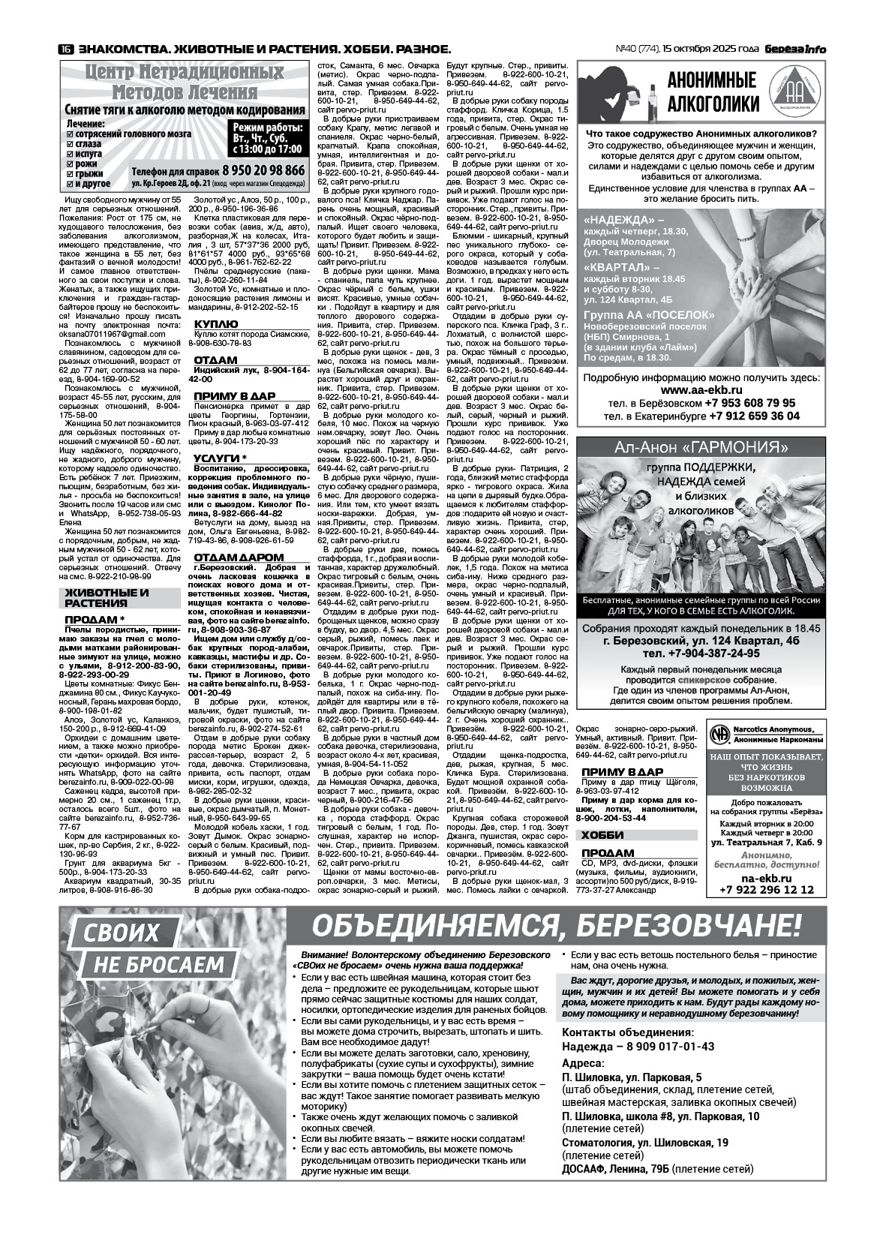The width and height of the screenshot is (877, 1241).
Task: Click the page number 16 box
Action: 65,50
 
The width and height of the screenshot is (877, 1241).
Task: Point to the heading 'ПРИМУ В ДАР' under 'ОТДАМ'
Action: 234,395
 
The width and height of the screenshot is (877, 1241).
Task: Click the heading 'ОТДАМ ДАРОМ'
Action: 239,557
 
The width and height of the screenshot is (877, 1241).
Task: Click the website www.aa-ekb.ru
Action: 701,390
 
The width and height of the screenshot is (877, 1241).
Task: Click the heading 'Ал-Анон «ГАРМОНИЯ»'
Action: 701,448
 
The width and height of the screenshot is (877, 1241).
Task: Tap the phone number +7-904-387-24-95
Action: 701,653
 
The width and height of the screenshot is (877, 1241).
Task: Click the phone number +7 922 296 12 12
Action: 766,889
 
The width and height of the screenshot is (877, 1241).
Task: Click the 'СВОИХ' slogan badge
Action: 121,932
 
